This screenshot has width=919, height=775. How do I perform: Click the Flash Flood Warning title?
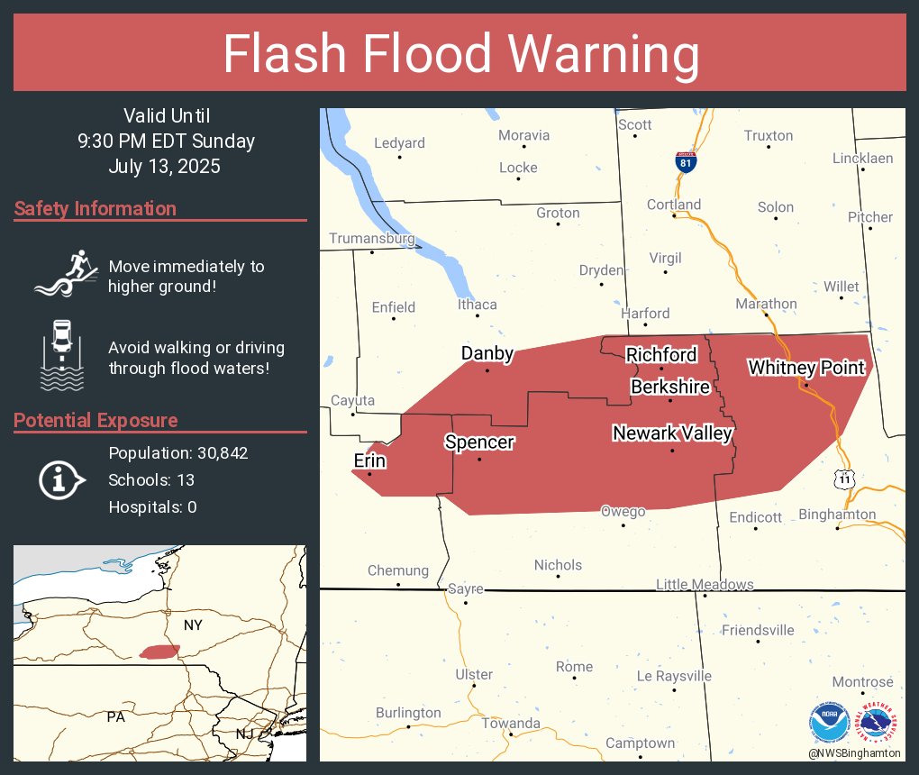[x=460, y=54]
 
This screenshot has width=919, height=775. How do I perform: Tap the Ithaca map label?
[x=477, y=305]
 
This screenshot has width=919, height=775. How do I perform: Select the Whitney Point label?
[x=806, y=368]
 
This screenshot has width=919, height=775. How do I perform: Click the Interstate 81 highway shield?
[x=687, y=163]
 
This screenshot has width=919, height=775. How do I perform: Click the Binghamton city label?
[x=837, y=515]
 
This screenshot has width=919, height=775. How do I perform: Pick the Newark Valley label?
[x=672, y=433]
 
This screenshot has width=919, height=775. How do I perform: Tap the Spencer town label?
[x=478, y=442]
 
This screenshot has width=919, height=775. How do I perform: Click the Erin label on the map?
[x=369, y=461]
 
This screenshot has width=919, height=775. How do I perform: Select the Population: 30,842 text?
[x=178, y=452]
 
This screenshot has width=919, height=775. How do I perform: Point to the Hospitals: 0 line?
[x=152, y=506]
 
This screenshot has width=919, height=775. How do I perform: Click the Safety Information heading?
[x=96, y=209]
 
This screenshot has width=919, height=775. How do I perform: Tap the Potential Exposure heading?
[x=96, y=421]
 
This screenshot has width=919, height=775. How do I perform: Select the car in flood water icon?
[x=63, y=354]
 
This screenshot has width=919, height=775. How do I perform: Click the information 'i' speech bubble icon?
[x=61, y=479]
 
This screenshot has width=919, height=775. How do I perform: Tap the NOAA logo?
[x=829, y=724]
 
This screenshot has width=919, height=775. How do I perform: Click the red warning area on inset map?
[x=159, y=651]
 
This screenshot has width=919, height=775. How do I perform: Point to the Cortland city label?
[x=673, y=205]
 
